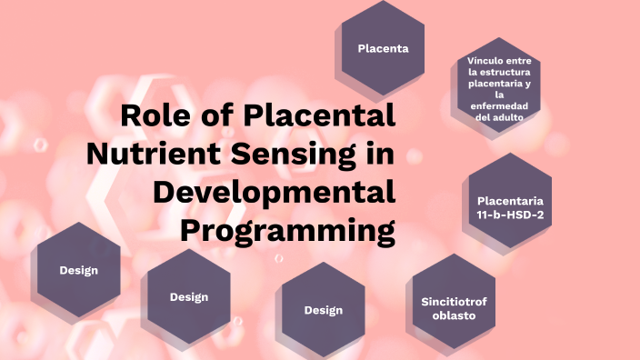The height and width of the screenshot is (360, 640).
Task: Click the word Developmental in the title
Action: click(275, 192)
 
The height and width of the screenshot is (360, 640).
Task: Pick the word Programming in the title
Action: click(287, 229)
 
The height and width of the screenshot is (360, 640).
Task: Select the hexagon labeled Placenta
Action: click(383, 48)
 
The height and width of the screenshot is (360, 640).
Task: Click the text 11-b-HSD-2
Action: click(510, 215)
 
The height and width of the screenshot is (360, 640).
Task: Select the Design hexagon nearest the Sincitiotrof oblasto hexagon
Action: click(323, 310)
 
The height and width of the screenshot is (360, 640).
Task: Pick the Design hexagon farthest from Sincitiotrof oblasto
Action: click(78, 270)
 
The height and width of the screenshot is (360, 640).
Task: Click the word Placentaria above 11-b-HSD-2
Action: click(510, 200)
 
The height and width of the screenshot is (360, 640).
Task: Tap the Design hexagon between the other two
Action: click(189, 296)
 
